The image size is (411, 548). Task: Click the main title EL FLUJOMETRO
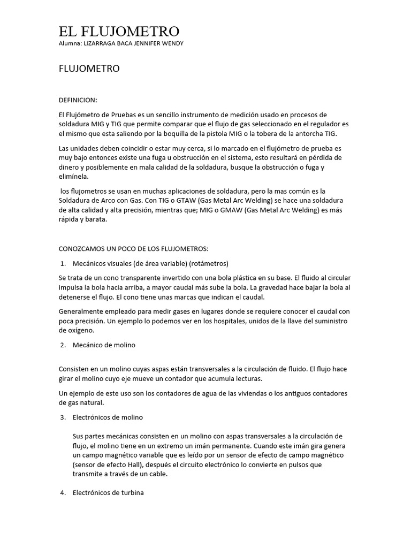[119, 31]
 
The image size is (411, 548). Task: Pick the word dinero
[71, 168]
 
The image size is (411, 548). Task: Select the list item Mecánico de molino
[104, 345]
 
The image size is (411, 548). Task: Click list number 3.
[63, 417]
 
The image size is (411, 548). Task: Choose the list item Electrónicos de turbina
[109, 492]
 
